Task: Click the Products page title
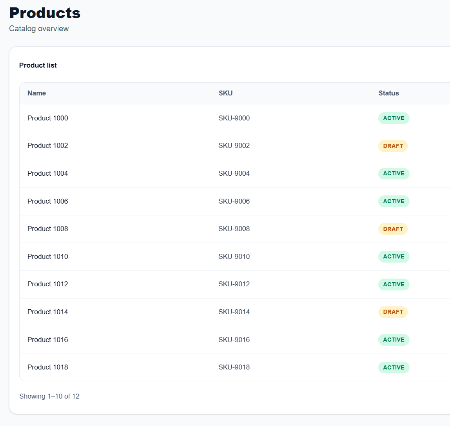(45, 13)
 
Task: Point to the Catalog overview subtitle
(39, 29)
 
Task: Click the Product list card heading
(38, 65)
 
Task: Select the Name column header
(36, 93)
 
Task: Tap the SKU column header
(226, 93)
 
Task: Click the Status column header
(389, 93)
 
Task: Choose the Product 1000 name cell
(47, 118)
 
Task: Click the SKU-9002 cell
(234, 145)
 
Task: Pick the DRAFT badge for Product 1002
(393, 146)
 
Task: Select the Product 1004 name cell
(47, 173)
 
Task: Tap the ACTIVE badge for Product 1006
(393, 201)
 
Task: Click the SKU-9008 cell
(234, 229)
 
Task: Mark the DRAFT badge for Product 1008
(393, 229)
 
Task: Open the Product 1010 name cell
(47, 256)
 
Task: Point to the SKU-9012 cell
(234, 284)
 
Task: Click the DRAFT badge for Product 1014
(393, 312)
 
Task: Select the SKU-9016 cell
(234, 340)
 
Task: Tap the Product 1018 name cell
(47, 367)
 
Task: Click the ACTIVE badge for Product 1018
(393, 367)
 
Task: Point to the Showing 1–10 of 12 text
(49, 396)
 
